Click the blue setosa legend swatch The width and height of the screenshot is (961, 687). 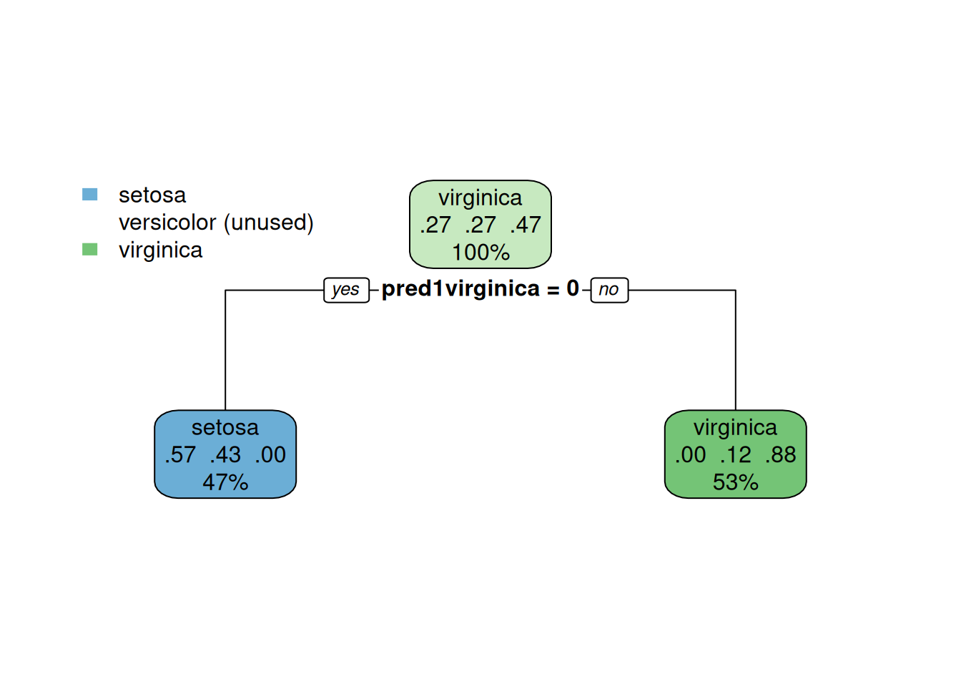(x=89, y=194)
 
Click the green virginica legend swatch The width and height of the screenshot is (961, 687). (x=89, y=249)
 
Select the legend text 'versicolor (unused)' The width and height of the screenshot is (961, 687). (x=216, y=223)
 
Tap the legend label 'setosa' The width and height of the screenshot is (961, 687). (x=152, y=195)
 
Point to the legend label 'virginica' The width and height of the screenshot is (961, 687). (x=160, y=250)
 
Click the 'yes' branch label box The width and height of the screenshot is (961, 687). (x=346, y=290)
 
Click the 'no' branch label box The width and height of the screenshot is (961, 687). (x=609, y=290)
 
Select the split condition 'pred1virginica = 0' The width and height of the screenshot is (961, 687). (x=480, y=288)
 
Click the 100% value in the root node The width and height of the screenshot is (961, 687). (x=480, y=252)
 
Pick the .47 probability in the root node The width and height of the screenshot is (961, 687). (x=526, y=225)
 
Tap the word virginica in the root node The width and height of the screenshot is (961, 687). (x=480, y=198)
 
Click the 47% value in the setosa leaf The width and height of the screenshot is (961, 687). (x=225, y=482)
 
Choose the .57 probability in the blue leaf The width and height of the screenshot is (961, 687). (x=180, y=454)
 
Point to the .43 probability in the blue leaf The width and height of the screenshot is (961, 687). (x=225, y=454)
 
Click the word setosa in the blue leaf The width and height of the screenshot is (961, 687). (x=225, y=427)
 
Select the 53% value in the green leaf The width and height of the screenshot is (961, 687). (x=735, y=482)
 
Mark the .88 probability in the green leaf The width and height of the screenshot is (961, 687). (x=780, y=454)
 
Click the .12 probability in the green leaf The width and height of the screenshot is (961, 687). (x=735, y=454)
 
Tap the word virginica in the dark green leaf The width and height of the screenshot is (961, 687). (x=735, y=427)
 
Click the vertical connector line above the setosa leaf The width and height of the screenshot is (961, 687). (x=225, y=351)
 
